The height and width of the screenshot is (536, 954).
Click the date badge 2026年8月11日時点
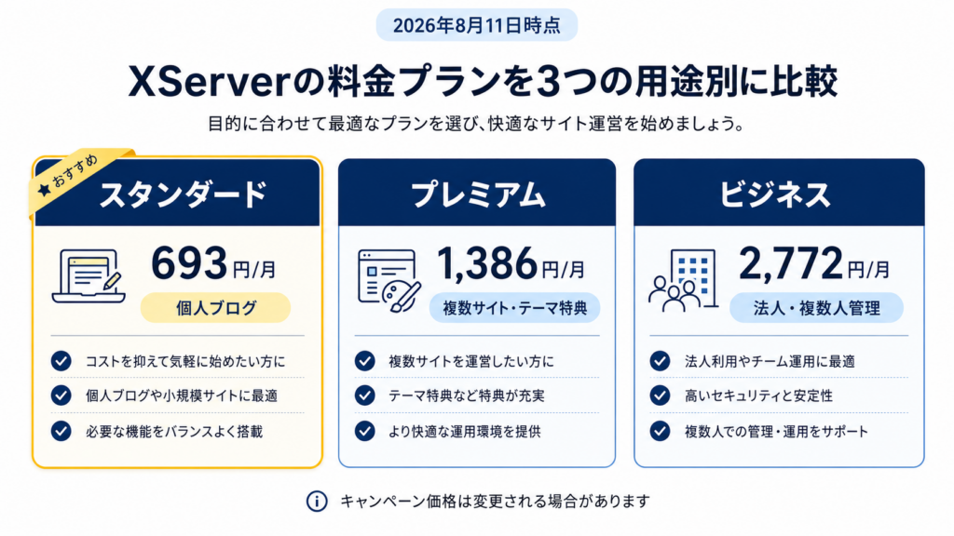click(x=476, y=25)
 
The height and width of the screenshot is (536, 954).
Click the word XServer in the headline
click(x=207, y=82)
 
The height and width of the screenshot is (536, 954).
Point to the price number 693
click(x=189, y=262)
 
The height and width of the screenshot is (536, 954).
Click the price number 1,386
click(x=487, y=263)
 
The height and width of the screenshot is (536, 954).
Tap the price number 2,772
click(x=791, y=263)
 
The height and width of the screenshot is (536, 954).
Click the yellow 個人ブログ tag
click(x=215, y=307)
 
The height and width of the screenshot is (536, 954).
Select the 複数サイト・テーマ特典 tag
click(x=514, y=308)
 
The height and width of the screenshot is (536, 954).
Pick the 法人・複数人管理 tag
click(x=816, y=308)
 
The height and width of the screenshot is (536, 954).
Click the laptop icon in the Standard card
click(x=89, y=276)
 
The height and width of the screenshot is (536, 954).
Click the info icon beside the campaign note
click(x=317, y=502)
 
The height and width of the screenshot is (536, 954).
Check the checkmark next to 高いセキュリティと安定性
click(x=660, y=395)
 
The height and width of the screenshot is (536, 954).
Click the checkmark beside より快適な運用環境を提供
click(x=364, y=431)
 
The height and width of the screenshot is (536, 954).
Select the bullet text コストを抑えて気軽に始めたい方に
click(x=185, y=362)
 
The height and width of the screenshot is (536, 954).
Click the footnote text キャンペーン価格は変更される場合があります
click(x=495, y=502)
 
